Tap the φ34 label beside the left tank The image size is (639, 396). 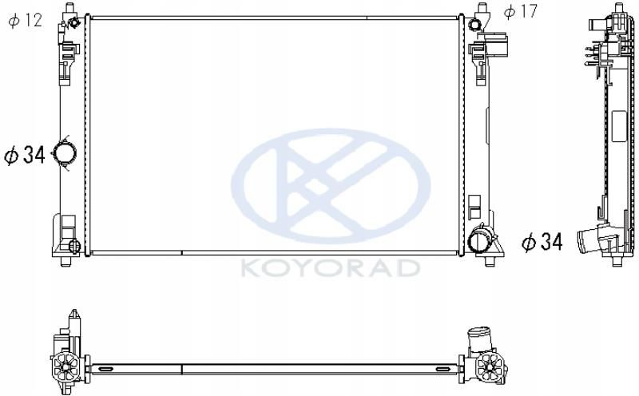tap(25, 156)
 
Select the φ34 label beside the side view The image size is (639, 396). tap(542, 241)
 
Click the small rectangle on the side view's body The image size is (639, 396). tap(617, 125)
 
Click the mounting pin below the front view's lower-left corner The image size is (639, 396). tap(67, 262)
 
